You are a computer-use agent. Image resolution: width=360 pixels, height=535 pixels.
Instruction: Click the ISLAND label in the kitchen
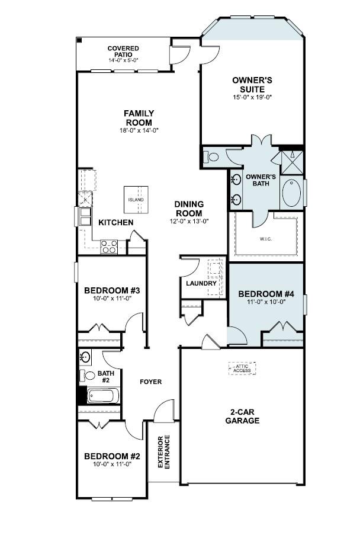tap(136, 200)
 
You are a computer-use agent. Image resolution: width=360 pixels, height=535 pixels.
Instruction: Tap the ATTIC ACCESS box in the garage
tap(242, 369)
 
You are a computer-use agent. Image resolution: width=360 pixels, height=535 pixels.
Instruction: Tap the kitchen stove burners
tap(109, 246)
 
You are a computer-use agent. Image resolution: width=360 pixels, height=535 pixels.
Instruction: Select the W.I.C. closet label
tap(265, 239)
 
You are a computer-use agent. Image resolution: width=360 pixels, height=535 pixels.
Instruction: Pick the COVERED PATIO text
tap(123, 52)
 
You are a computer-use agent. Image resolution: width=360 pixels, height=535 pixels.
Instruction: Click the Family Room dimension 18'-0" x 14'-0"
tap(139, 130)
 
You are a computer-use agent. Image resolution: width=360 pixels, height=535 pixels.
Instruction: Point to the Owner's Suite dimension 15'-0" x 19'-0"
tap(252, 97)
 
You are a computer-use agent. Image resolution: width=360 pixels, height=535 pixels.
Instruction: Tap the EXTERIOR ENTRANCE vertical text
tap(164, 452)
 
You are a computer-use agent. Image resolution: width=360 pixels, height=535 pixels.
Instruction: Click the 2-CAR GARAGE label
tap(242, 417)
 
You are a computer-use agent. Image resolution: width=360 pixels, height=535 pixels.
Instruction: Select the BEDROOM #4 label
tap(266, 294)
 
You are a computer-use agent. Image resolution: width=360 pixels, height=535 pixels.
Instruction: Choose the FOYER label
tap(151, 382)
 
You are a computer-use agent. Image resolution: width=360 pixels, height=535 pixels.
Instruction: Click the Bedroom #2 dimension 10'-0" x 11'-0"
tap(112, 464)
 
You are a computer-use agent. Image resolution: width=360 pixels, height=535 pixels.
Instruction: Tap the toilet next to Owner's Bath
tap(211, 157)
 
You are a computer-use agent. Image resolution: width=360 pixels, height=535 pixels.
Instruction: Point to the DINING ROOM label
tap(189, 209)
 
